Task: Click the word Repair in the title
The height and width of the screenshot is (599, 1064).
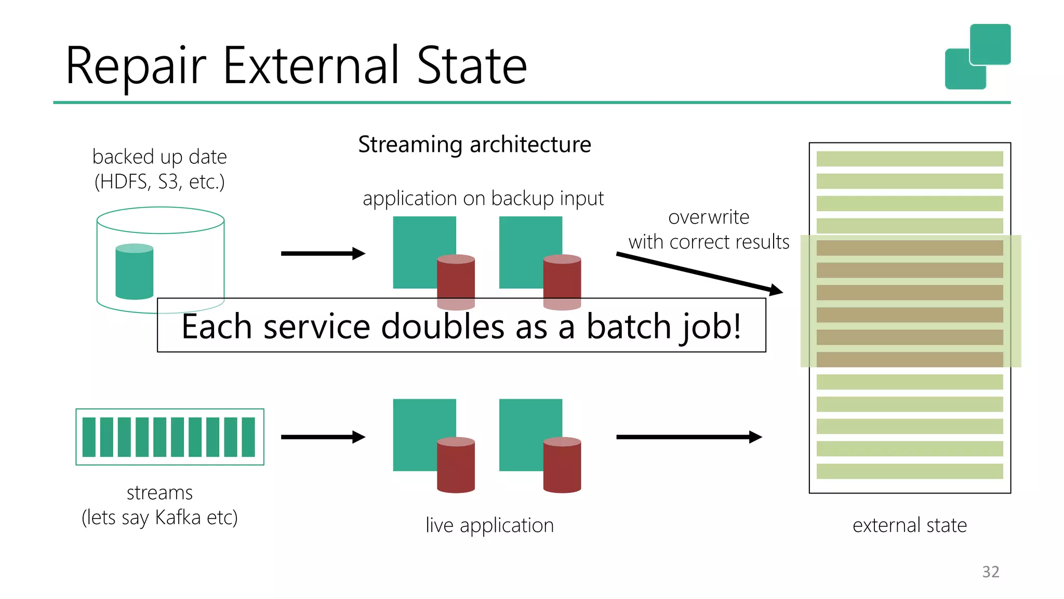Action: point(136,67)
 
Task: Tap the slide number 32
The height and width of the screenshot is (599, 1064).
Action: point(990,571)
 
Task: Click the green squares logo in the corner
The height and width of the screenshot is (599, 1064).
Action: point(977,57)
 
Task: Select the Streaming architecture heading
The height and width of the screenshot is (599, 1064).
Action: point(474,145)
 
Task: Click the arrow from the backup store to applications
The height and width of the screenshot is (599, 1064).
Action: point(323,254)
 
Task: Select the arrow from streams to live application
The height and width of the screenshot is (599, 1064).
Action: point(323,437)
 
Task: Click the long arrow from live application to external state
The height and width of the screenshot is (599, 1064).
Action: point(688,437)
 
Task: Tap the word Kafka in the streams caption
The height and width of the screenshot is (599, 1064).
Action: point(178,517)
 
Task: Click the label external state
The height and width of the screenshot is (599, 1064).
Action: point(909,525)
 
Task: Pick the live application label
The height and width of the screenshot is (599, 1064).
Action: point(489,525)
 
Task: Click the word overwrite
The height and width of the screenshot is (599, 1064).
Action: point(709,217)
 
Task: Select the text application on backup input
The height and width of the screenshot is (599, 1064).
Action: point(483,199)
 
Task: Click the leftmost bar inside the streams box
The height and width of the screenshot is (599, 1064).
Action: point(89,437)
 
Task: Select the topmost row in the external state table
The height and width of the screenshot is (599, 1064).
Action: point(909,159)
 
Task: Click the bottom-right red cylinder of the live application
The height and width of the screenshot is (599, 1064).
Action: point(562,465)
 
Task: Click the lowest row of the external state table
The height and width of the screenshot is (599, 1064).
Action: point(909,471)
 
